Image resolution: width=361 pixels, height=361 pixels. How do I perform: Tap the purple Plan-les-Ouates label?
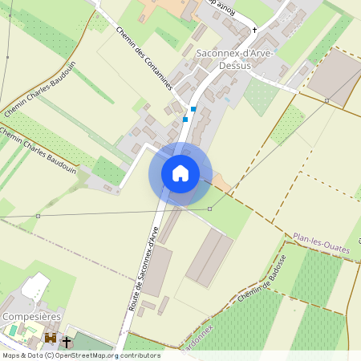pos(322,243)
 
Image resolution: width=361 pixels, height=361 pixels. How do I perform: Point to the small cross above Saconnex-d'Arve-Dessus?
pos(255,30)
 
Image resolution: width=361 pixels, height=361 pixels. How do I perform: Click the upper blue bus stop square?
pos(193,109)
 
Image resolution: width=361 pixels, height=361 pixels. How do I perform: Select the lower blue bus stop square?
pos(185,120)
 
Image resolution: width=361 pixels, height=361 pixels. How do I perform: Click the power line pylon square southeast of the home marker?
pos(210,209)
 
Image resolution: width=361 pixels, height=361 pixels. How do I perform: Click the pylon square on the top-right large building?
pos(327,100)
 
